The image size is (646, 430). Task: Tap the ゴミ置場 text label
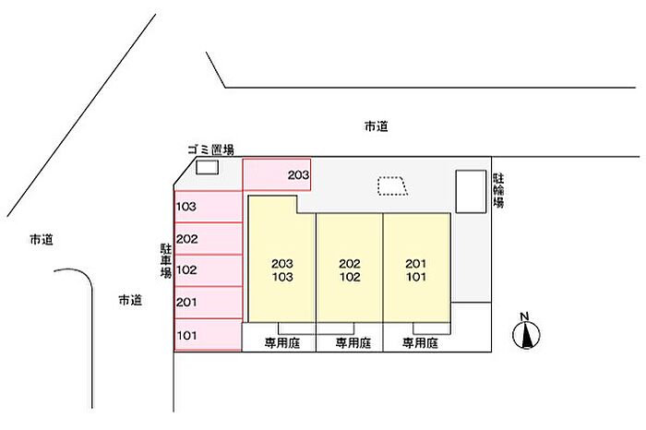click(x=209, y=149)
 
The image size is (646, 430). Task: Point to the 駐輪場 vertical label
click(x=498, y=189)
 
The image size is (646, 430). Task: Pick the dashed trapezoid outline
click(x=392, y=185)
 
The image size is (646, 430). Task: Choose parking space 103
click(x=208, y=206)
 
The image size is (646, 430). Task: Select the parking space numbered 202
click(x=208, y=239)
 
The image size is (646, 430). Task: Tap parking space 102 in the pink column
click(x=208, y=270)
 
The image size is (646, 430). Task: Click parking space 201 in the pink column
click(x=208, y=302)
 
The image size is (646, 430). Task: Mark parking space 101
click(x=208, y=335)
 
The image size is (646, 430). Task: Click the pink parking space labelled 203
click(x=276, y=174)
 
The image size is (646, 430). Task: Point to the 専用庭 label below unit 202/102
click(x=351, y=343)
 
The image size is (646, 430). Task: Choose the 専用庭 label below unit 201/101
click(x=419, y=343)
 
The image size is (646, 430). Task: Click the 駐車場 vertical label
click(x=165, y=261)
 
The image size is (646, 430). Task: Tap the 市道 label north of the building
click(x=376, y=127)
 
